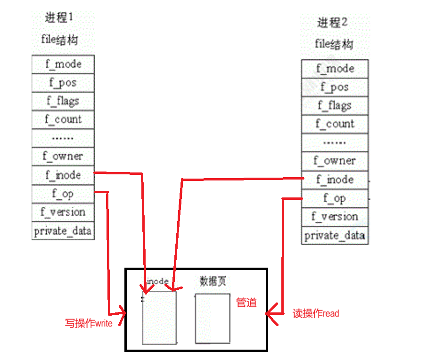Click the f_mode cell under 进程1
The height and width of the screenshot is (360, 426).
coord(63,64)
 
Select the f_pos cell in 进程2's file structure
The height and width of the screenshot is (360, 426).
coord(335,87)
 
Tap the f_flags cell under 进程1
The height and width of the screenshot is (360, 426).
coord(63,101)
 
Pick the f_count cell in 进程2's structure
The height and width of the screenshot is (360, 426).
coord(335,124)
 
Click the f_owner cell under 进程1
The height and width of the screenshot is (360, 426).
coord(63,156)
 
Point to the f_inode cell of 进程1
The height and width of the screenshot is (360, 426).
coord(63,175)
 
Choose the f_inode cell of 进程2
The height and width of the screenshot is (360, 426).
coord(335,180)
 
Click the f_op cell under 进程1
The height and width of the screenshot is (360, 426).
coord(63,194)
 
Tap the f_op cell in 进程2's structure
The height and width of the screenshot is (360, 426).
coord(335,198)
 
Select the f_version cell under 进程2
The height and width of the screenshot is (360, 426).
coord(335,217)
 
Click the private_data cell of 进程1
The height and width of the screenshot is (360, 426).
coord(63,231)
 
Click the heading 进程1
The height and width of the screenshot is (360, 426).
coord(59,18)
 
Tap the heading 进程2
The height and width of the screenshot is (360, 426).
coord(332,22)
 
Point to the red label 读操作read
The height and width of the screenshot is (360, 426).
coord(316,313)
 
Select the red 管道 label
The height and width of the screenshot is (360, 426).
coord(246,303)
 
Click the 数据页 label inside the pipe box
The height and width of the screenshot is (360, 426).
coord(213,281)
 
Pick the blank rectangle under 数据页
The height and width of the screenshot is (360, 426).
coord(213,319)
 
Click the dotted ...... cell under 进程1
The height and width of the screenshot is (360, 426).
coord(63,138)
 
